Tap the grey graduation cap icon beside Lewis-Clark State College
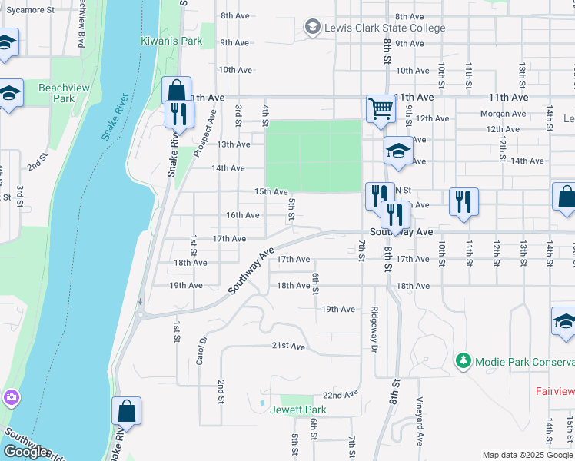[x=312, y=28]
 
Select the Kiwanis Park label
[x=171, y=41]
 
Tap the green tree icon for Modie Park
[x=463, y=360]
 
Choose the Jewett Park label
[x=298, y=410]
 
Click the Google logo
[x=25, y=451]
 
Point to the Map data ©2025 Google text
[x=527, y=455]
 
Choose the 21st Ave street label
[x=288, y=346]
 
